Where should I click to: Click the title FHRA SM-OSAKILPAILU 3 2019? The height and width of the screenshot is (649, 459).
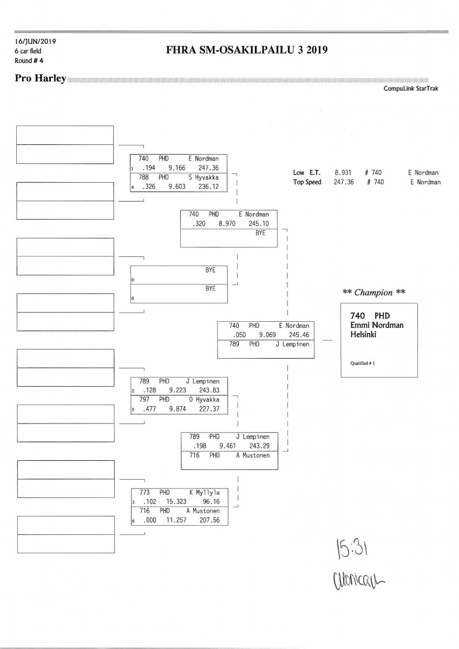247,51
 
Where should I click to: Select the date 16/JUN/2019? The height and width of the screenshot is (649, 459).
35,41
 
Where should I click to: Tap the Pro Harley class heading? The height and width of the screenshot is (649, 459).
41,79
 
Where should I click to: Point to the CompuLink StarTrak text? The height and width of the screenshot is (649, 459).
411,88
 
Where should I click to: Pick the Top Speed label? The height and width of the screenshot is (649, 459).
307,182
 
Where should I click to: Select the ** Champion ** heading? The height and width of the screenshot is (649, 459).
374,293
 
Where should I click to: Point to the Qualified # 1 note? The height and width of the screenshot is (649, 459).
359,363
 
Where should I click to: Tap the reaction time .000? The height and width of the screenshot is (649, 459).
149,520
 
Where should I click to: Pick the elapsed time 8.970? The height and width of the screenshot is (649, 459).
227,223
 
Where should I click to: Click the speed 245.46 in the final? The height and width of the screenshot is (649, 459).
299,335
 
